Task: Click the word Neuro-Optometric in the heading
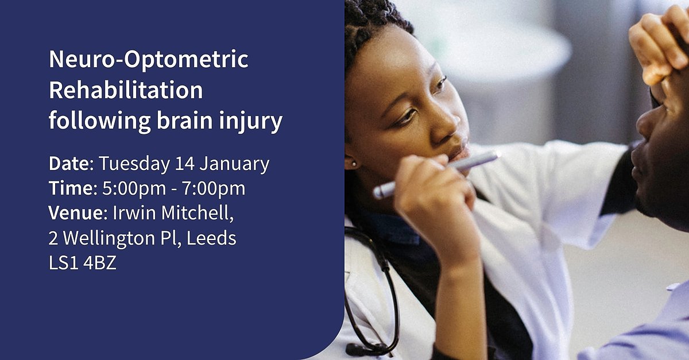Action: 149,60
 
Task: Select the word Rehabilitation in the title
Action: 126,90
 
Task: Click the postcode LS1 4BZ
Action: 83,263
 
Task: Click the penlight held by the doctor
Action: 436,173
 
